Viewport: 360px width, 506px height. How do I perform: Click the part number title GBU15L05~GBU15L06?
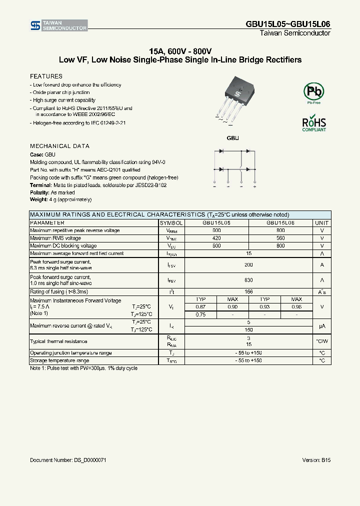pyautogui.click(x=287, y=24)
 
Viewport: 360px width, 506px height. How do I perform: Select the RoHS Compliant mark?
pyautogui.click(x=314, y=123)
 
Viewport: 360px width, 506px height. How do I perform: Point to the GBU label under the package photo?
pyautogui.click(x=233, y=137)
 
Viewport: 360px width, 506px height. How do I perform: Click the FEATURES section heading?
pyautogui.click(x=46, y=76)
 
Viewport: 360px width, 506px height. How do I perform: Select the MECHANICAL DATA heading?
pyautogui.click(x=59, y=146)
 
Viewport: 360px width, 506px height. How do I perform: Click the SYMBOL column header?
pyautogui.click(x=171, y=223)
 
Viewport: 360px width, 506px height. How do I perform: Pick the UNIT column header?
pyautogui.click(x=322, y=223)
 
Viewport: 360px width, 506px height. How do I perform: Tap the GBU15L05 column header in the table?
pyautogui.click(x=216, y=223)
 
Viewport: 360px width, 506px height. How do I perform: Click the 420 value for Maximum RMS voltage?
pyautogui.click(x=216, y=238)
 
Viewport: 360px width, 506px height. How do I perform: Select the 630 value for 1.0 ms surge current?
pyautogui.click(x=248, y=280)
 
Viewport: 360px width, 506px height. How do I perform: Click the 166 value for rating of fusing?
pyautogui.click(x=248, y=291)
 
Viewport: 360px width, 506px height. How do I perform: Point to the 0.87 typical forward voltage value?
pyautogui.click(x=200, y=306)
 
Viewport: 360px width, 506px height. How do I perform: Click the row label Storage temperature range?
pyautogui.click(x=59, y=360)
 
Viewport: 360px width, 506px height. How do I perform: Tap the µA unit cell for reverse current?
pyautogui.click(x=322, y=326)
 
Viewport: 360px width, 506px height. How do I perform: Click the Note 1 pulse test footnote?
pyautogui.click(x=83, y=368)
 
